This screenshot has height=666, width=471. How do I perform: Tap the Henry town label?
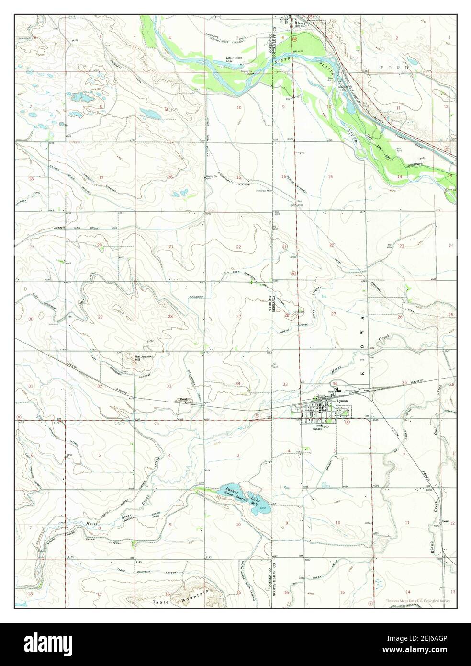point(301,22)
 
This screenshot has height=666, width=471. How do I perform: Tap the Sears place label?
point(445,521)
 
